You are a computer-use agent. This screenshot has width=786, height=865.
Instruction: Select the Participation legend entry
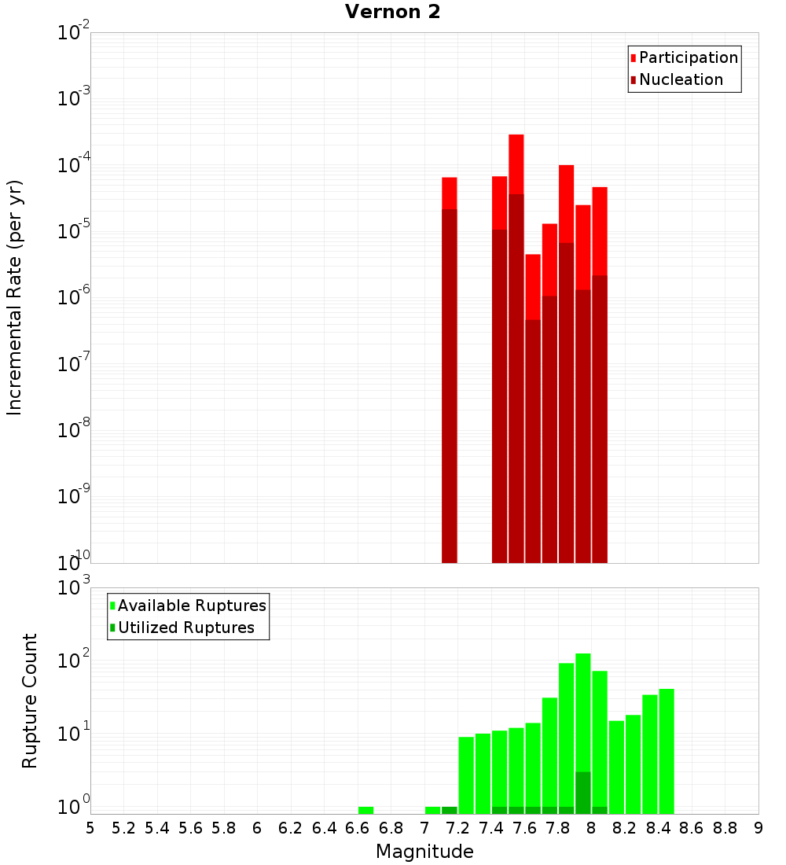(x=688, y=57)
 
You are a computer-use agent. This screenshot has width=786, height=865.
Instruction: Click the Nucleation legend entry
(x=681, y=79)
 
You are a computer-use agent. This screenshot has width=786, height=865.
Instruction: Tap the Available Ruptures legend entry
(x=191, y=605)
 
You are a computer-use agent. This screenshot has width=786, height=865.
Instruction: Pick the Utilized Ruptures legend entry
(x=185, y=628)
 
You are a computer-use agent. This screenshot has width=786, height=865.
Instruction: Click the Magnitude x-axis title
(x=424, y=851)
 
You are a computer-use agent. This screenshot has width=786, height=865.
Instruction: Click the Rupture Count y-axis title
(x=30, y=701)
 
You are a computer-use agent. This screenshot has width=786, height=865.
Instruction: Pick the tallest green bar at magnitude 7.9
(x=583, y=731)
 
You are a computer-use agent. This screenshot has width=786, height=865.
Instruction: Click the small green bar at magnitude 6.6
(x=365, y=810)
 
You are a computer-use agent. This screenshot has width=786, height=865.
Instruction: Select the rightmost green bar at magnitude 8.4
(x=667, y=751)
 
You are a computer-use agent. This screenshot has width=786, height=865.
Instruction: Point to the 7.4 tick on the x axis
(x=491, y=828)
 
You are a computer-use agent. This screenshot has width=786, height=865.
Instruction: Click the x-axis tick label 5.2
(x=124, y=828)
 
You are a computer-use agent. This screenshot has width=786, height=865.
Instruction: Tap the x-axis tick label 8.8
(x=725, y=828)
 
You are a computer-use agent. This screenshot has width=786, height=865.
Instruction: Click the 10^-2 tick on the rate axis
(x=74, y=33)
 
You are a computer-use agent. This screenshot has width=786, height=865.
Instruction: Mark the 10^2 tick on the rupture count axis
(x=75, y=661)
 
